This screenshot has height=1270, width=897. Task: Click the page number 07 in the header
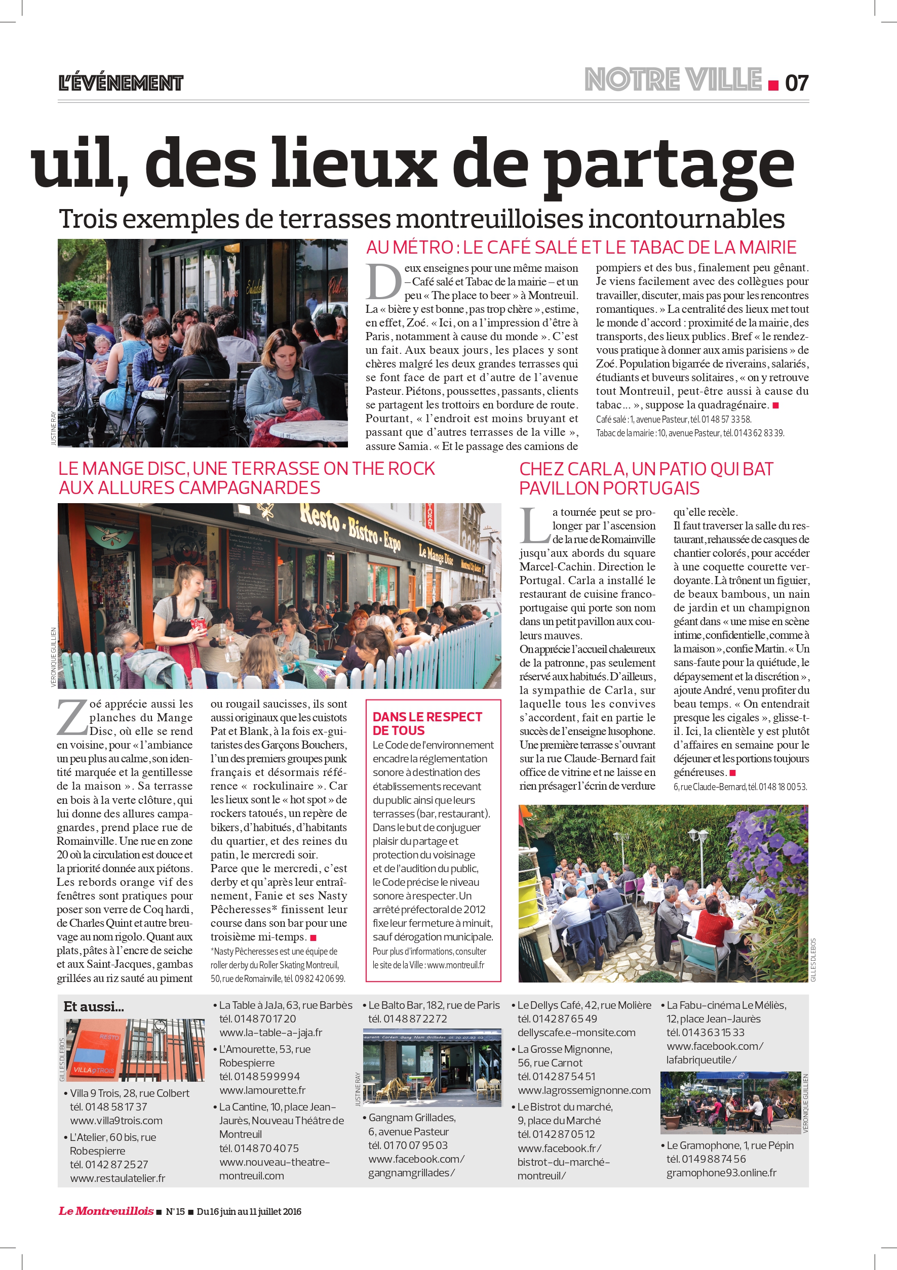(796, 83)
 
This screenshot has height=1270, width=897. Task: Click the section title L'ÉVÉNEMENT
(121, 83)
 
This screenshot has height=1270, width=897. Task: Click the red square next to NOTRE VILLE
(773, 85)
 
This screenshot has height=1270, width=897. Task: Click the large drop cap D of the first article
(383, 282)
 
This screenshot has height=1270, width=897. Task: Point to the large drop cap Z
(72, 717)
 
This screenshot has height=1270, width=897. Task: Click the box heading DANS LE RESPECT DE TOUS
(427, 723)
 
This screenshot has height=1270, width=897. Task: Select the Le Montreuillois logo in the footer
(106, 1211)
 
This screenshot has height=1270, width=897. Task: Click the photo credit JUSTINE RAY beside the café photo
(54, 428)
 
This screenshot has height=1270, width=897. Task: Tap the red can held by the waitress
(197, 625)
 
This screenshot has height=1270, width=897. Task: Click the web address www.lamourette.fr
(262, 1090)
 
